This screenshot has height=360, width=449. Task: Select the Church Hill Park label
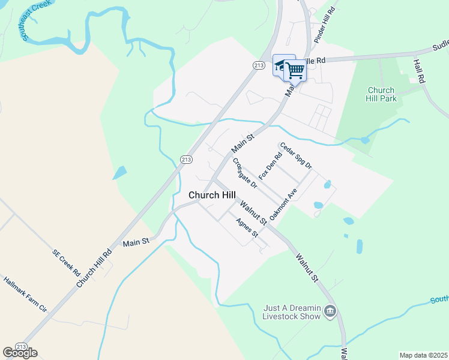click(x=382, y=94)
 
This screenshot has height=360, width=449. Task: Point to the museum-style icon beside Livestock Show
click(x=329, y=311)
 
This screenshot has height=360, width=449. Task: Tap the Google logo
click(x=20, y=352)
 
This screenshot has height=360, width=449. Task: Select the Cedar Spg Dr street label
click(x=295, y=155)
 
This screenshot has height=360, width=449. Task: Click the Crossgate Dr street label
click(x=245, y=173)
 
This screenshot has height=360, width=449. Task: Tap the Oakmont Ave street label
click(x=283, y=205)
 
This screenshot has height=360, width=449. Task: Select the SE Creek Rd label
click(x=66, y=263)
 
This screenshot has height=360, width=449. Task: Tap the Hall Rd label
click(x=419, y=70)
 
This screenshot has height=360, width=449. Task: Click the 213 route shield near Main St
click(x=186, y=158)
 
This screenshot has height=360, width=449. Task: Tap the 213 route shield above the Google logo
click(x=21, y=346)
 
